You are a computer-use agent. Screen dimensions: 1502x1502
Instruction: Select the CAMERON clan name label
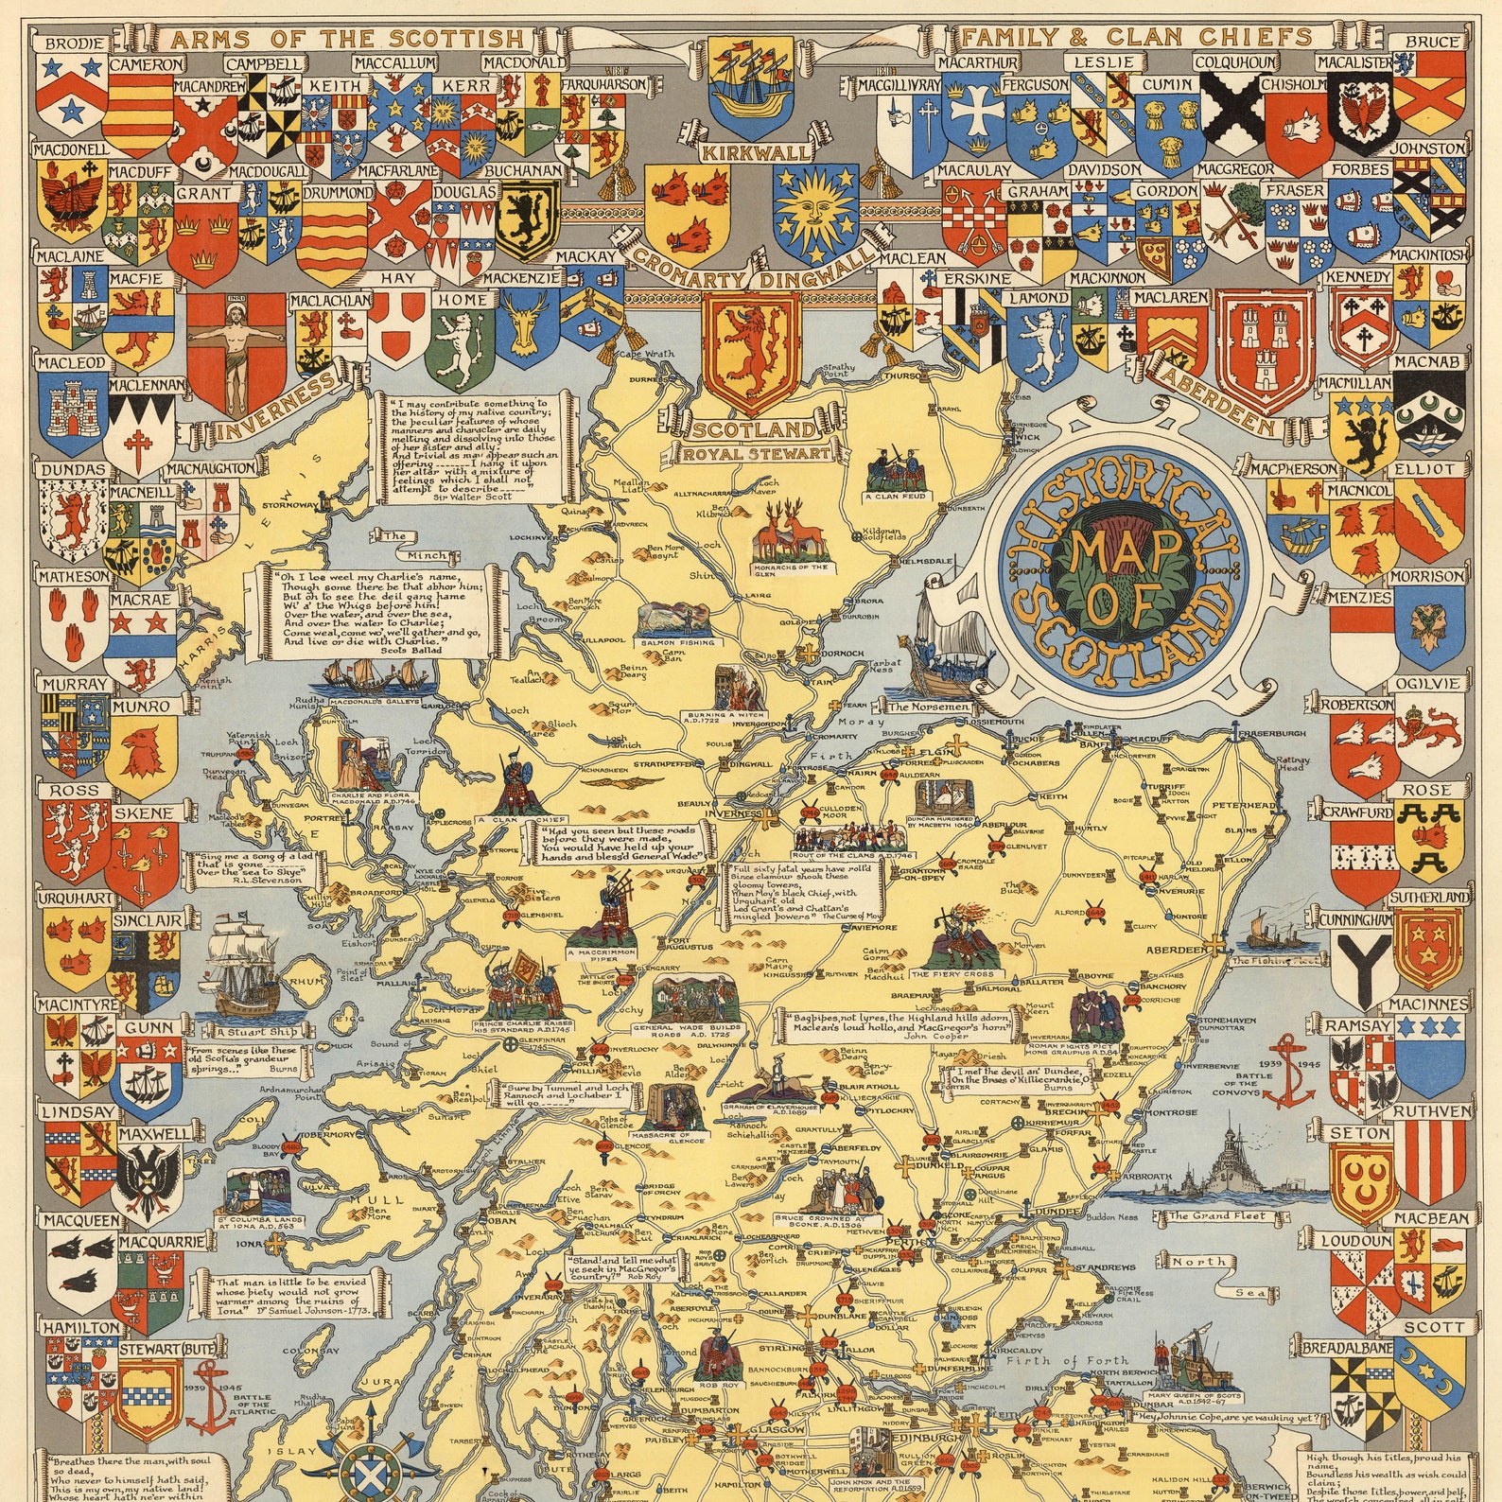[x=147, y=64]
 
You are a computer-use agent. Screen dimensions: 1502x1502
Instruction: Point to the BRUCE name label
[x=1431, y=42]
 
